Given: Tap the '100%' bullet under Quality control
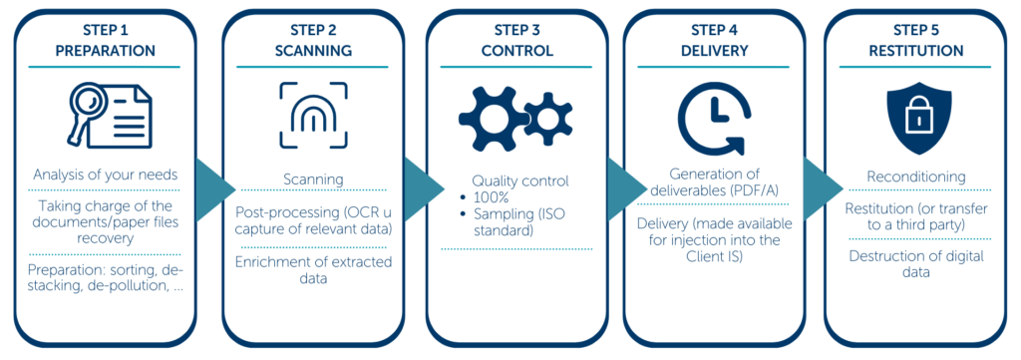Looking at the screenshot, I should click(496, 198).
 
